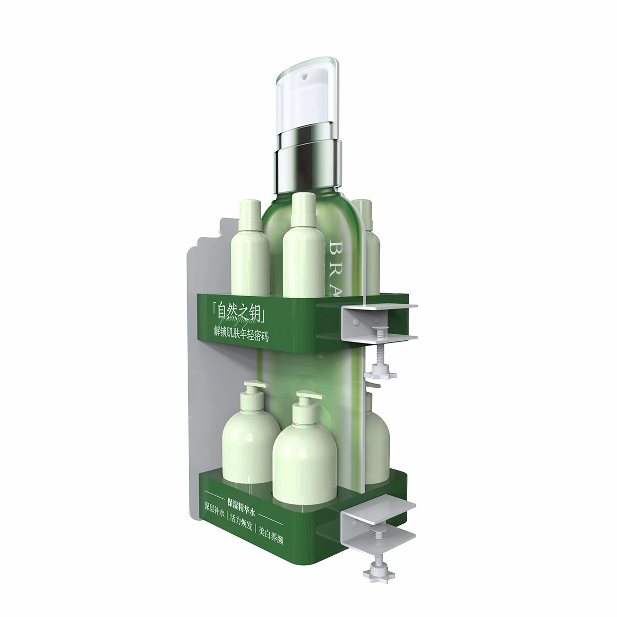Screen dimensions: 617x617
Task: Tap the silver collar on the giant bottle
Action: (307, 159)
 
